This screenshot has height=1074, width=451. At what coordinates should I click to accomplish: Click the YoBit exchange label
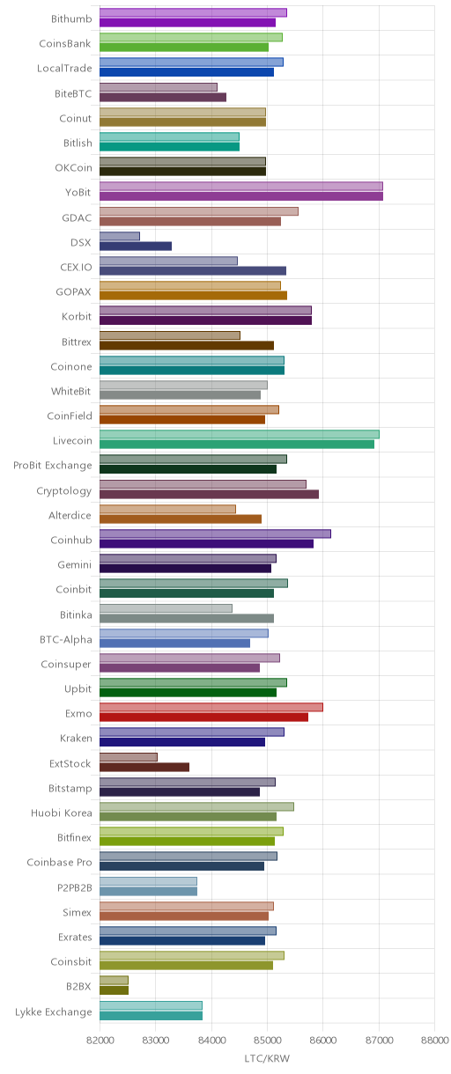78,192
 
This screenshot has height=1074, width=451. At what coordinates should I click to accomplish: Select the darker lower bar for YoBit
241,196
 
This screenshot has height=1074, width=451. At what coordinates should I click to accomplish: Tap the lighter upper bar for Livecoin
240,434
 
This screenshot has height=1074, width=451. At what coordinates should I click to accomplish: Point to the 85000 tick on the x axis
267,1040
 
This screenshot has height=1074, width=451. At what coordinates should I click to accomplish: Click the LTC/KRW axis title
267,1058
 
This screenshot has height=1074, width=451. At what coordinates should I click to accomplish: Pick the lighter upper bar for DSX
120,236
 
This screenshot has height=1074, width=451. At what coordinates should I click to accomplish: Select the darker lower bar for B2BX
115,990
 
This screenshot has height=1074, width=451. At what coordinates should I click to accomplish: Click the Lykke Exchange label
53,1011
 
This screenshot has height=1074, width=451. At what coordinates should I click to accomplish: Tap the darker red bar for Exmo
203,717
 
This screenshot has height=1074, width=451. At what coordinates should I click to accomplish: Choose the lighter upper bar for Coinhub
216,533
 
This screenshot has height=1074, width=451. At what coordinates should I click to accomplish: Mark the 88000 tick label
434,1040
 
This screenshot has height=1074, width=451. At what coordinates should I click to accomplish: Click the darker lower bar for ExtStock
144,767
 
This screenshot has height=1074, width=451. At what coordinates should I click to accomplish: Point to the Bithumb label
71,18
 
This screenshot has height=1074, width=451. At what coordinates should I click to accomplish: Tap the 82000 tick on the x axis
100,1040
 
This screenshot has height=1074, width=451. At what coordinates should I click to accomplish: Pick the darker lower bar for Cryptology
209,495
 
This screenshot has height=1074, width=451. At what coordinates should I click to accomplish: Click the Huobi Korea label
62,813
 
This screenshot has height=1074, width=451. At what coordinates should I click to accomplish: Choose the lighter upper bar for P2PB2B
148,881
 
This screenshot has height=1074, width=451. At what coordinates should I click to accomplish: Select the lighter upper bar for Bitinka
166,608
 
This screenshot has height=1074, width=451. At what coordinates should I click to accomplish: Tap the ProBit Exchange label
53,465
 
